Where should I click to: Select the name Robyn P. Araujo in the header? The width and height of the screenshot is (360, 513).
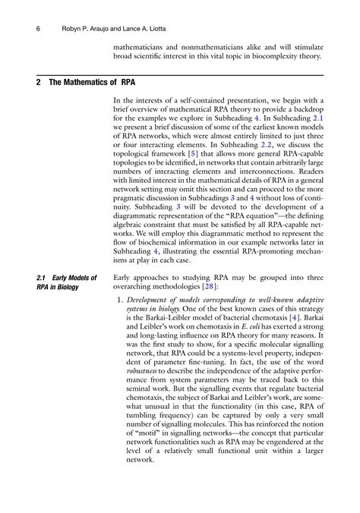pyautogui.click(x=89, y=30)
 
